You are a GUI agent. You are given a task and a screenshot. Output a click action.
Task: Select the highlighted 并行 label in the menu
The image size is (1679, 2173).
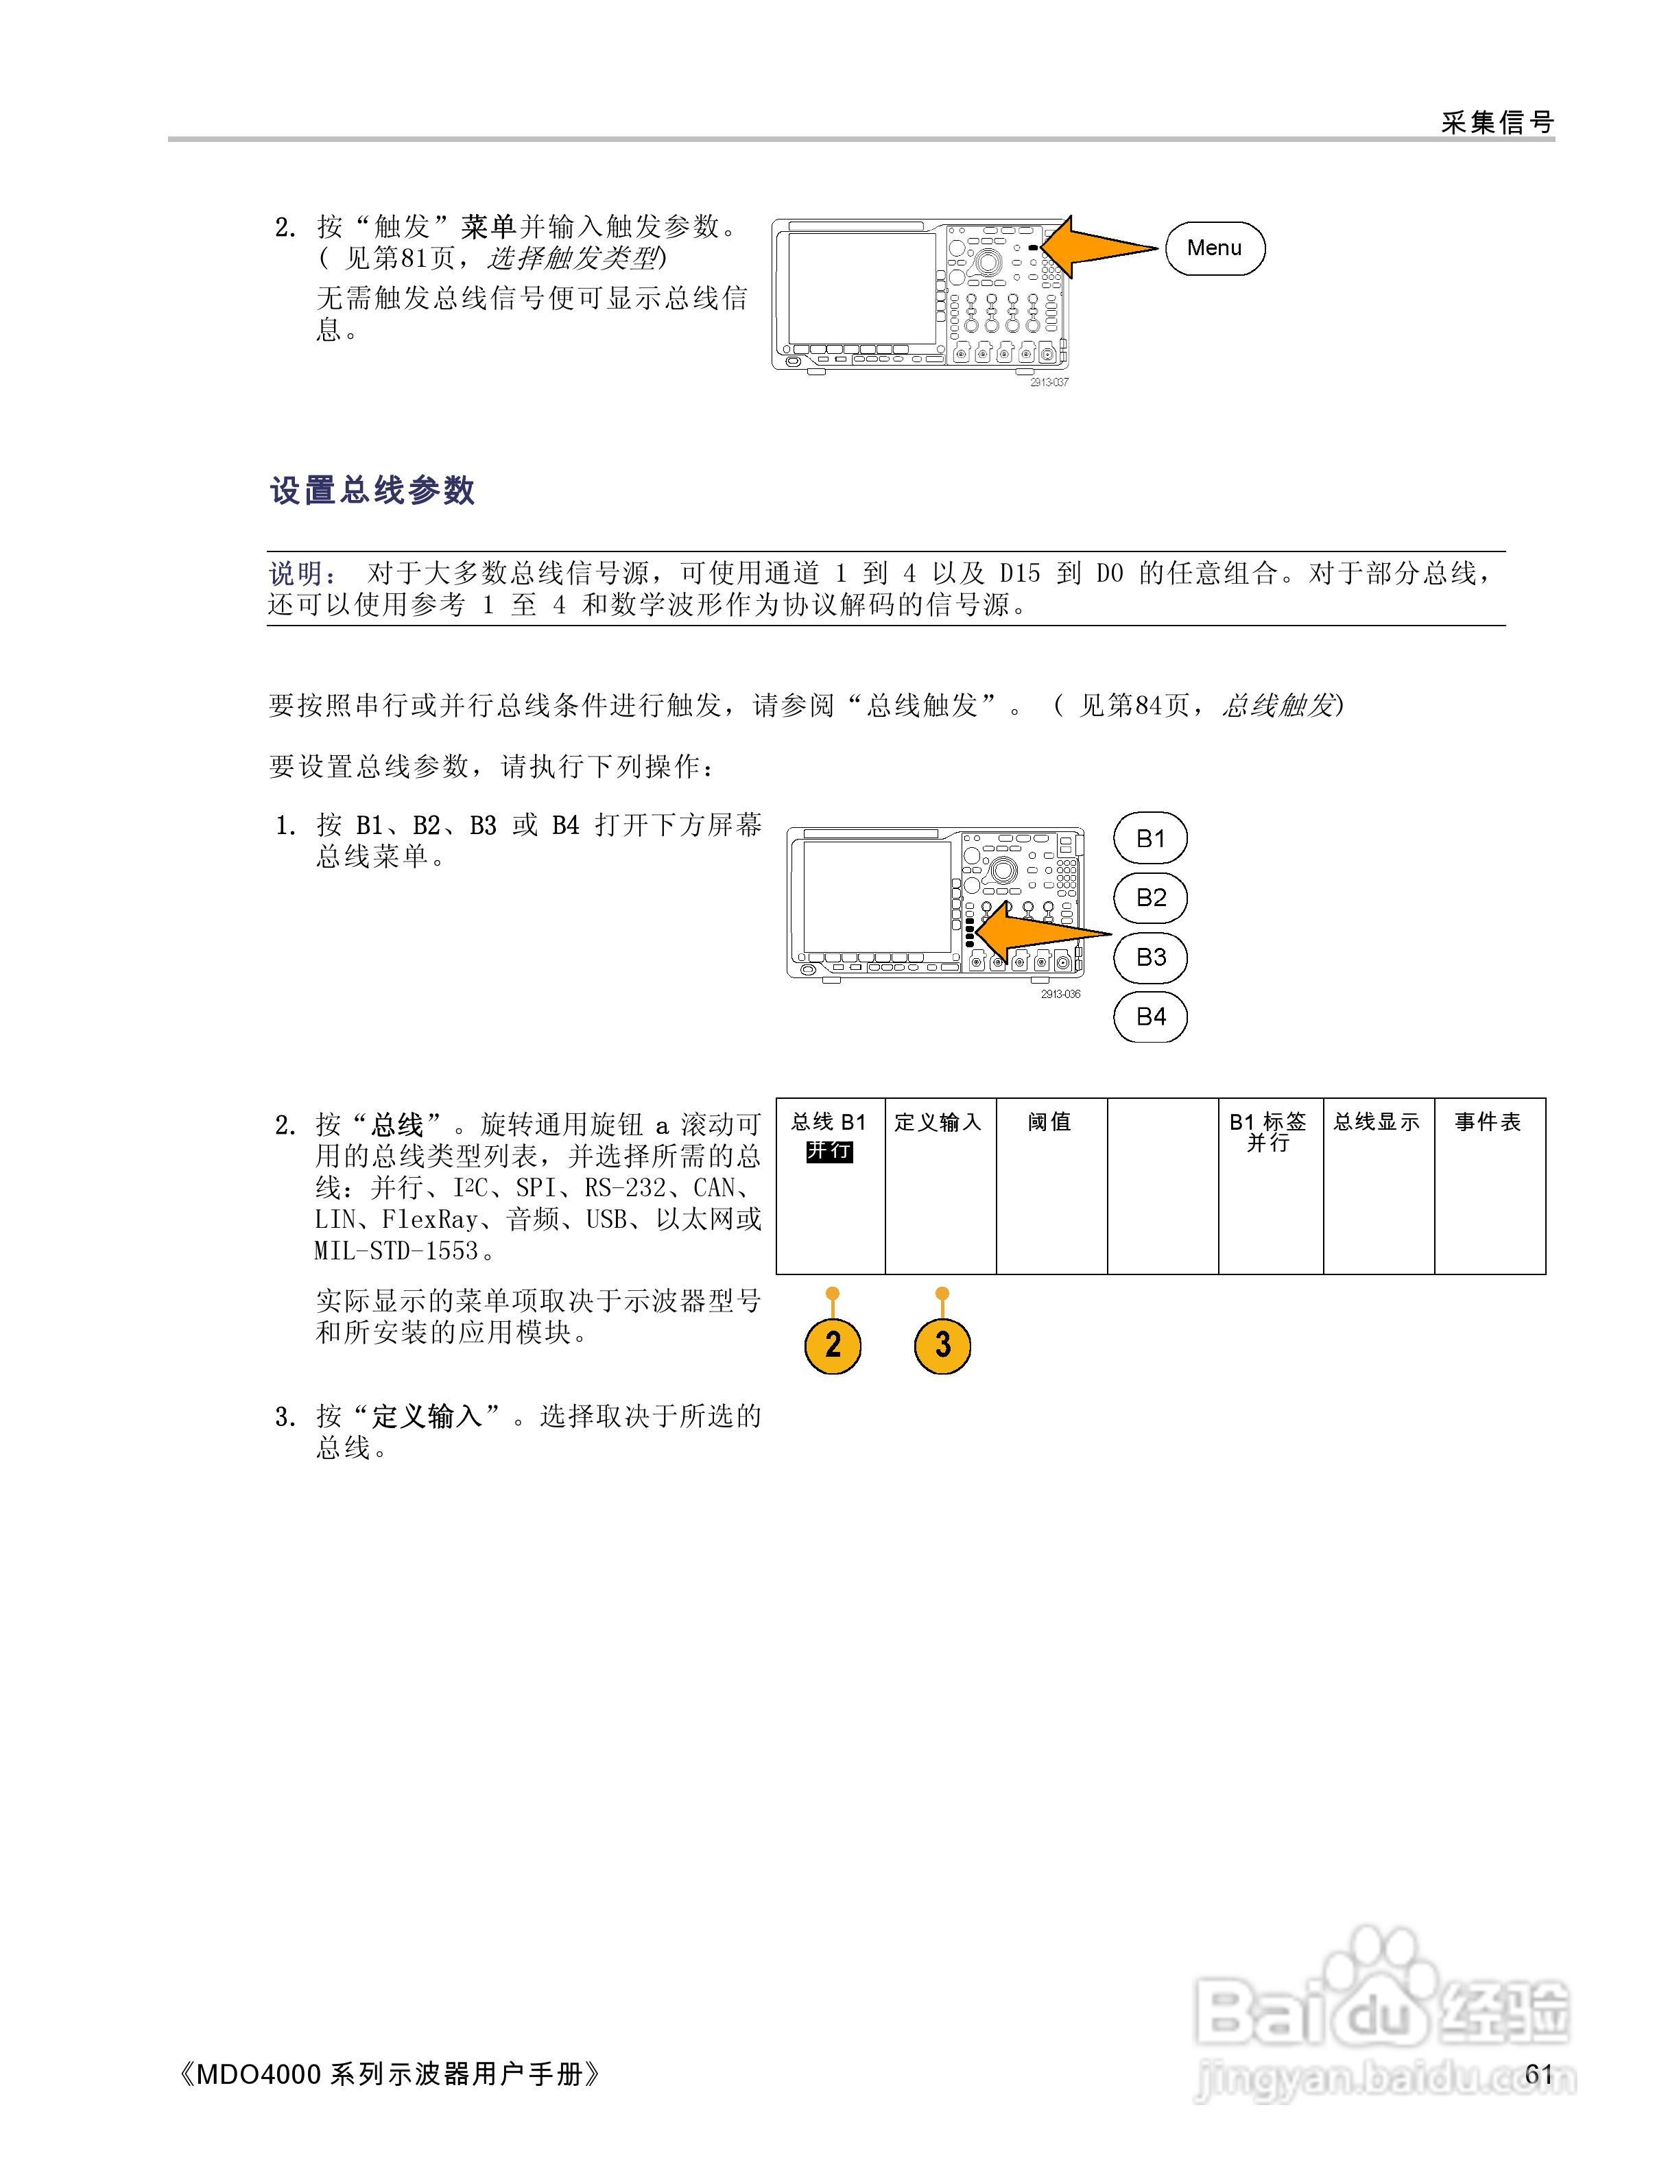click(829, 1151)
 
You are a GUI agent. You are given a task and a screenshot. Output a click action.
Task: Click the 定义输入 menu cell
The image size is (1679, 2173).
click(940, 1184)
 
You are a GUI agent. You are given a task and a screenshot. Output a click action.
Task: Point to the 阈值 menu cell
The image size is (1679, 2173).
click(1051, 1184)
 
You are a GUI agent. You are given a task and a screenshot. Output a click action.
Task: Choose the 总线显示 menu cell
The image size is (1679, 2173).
click(1378, 1184)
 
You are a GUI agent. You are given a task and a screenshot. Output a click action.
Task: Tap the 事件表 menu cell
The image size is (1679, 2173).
click(1489, 1184)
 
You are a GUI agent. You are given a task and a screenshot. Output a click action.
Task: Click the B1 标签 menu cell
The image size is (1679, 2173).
click(1270, 1184)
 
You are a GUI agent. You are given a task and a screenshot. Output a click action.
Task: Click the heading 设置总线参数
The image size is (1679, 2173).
click(372, 490)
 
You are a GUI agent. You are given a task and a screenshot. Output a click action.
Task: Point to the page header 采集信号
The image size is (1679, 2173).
click(1497, 122)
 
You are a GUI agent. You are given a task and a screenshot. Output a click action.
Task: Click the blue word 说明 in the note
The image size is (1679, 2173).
click(296, 573)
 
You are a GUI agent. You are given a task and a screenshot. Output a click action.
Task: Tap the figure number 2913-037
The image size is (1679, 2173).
click(1049, 383)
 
